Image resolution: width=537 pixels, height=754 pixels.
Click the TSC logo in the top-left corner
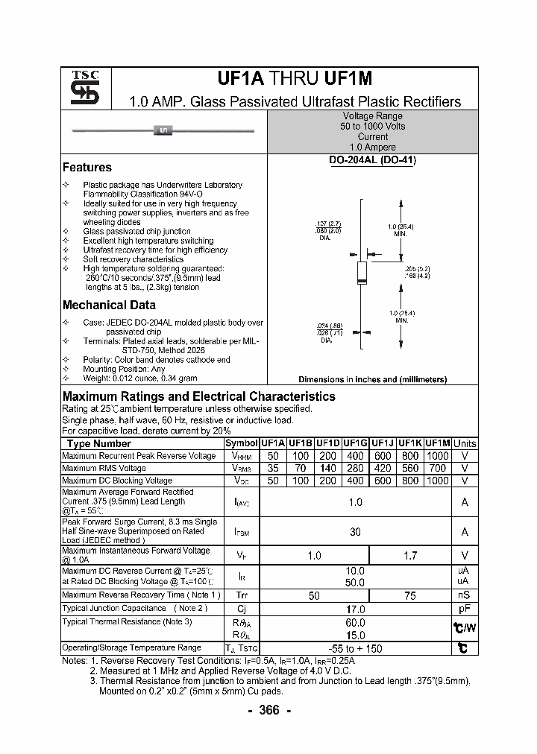(x=80, y=88)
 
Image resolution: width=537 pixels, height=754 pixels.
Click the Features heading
(x=87, y=168)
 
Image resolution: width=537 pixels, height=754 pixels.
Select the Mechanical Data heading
(x=109, y=305)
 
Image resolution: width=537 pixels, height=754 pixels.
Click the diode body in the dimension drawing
(x=361, y=273)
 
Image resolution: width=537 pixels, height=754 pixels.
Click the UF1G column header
(x=355, y=443)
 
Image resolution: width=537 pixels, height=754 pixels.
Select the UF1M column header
(x=437, y=443)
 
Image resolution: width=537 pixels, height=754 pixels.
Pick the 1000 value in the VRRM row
(x=437, y=456)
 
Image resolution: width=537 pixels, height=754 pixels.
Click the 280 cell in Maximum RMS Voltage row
(x=355, y=469)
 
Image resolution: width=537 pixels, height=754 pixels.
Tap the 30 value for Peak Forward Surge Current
(x=355, y=532)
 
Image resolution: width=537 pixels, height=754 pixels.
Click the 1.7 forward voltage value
(x=410, y=556)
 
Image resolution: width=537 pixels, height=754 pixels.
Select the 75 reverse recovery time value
(x=410, y=596)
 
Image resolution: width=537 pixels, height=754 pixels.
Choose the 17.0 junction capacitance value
(x=355, y=609)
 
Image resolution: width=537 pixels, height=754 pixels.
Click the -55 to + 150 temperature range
(x=355, y=648)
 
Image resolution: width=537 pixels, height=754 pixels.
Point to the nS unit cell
(x=465, y=596)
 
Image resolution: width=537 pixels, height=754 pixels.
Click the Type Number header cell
(x=99, y=443)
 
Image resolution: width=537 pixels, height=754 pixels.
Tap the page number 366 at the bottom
(x=268, y=711)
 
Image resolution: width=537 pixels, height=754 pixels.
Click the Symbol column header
(x=241, y=443)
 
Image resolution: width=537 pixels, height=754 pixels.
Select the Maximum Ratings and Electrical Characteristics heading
(x=199, y=397)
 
